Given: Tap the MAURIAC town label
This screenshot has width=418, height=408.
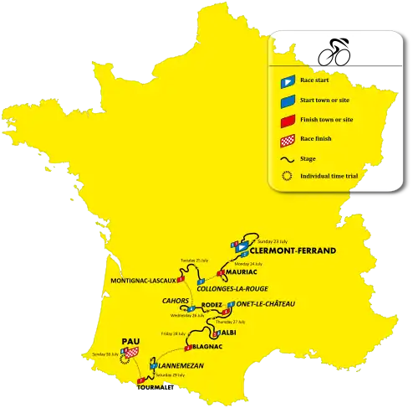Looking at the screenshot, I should pyautogui.click(x=242, y=272).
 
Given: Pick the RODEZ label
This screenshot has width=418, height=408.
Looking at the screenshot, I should pyautogui.click(x=212, y=304).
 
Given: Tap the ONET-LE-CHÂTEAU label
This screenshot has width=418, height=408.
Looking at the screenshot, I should pyautogui.click(x=267, y=304).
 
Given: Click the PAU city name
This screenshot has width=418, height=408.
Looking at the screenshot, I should pyautogui.click(x=129, y=342).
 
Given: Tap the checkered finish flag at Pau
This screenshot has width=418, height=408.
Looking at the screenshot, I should pyautogui.click(x=131, y=354).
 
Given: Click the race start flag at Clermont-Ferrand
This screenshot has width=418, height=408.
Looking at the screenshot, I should pyautogui.click(x=240, y=249).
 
